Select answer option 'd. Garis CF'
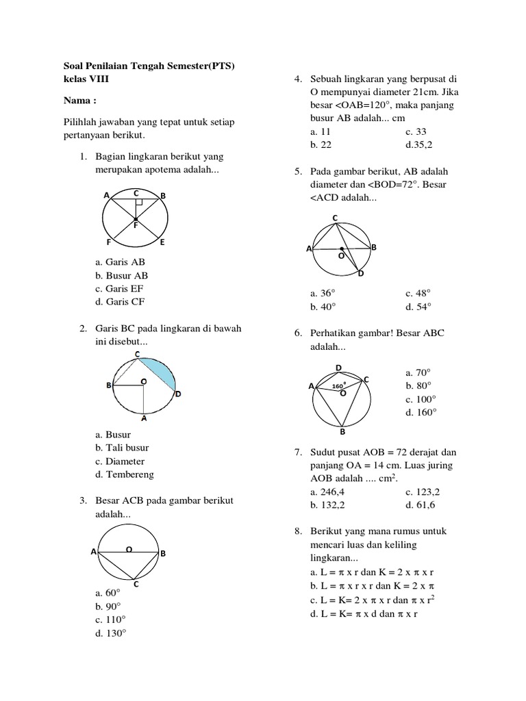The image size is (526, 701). [x=121, y=301]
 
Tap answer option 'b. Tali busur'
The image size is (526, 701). [x=123, y=448]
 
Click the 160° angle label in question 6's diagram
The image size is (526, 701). [x=338, y=386]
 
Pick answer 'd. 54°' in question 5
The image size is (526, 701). [x=418, y=307]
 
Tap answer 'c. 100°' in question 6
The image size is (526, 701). [x=420, y=399]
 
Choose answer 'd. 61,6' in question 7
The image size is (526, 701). [x=420, y=505]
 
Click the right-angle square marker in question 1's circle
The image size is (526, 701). [x=138, y=202]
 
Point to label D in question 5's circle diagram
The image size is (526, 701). [x=361, y=273]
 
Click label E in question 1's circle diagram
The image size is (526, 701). [x=162, y=242]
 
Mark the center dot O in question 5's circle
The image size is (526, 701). [x=341, y=248]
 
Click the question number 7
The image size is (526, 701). [x=298, y=453]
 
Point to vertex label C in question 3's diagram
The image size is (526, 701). [x=136, y=584]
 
